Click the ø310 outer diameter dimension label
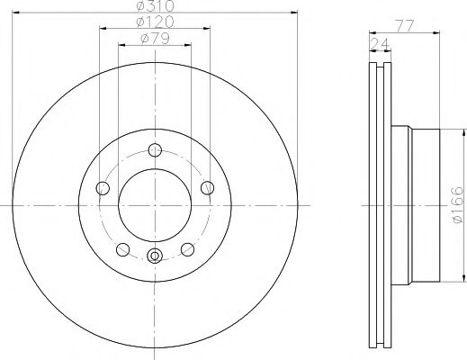coord(155,7)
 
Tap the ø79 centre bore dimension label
coord(155,39)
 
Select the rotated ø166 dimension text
coord(456,205)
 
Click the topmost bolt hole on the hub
coord(155,151)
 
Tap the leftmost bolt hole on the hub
coord(103,188)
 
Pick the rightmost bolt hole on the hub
coord(208,187)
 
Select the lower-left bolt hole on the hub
coord(122,249)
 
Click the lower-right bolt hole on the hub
coord(187,249)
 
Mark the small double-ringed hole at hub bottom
coord(155,256)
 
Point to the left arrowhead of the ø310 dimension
coord(17,13)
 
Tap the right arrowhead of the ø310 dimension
coord(292,13)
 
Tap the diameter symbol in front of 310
coord(140,7)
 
